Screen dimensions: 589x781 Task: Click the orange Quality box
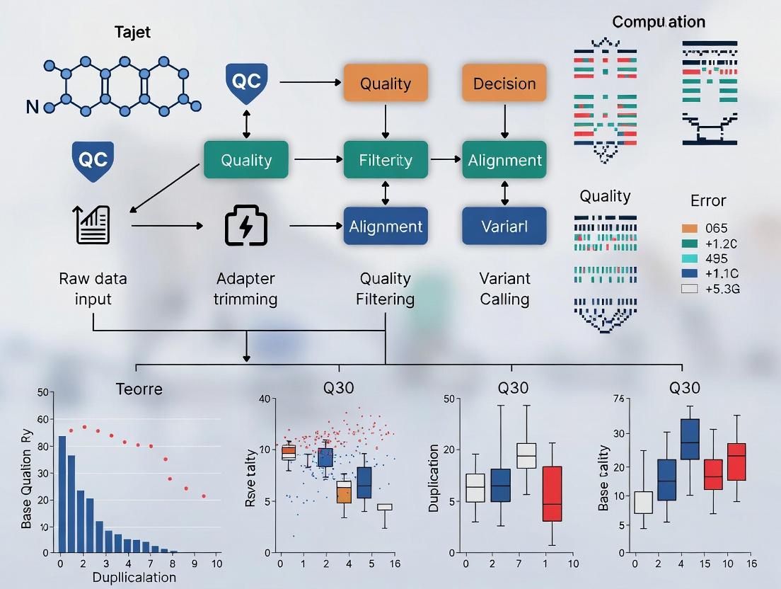[386, 84]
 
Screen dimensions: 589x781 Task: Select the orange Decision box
[504, 84]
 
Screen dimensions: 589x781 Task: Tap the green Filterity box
[386, 160]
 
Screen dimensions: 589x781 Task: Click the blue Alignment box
[386, 227]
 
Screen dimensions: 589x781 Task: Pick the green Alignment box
[504, 160]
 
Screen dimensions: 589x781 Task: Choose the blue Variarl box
[504, 227]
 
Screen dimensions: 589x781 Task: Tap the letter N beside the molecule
[32, 108]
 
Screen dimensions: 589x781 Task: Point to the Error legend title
[708, 200]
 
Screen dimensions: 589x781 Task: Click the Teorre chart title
[139, 389]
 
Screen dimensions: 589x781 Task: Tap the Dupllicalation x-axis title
[134, 576]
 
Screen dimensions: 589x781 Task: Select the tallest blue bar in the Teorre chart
[62, 493]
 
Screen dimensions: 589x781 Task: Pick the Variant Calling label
[504, 289]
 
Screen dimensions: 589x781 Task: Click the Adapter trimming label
[245, 289]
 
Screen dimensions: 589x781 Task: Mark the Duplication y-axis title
[434, 479]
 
